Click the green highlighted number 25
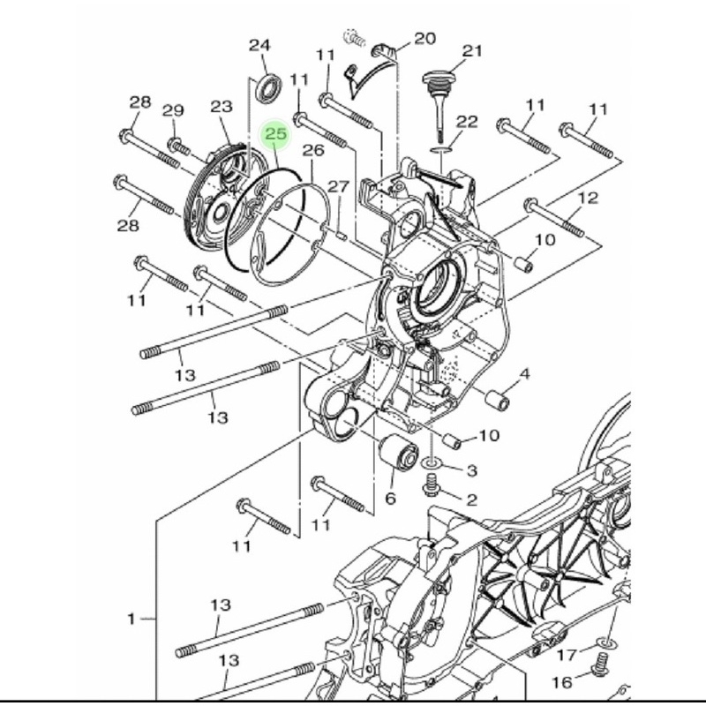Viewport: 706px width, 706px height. point(276,134)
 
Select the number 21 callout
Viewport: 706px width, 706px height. point(473,51)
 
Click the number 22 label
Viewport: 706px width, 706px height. point(467,122)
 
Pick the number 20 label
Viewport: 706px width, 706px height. point(424,38)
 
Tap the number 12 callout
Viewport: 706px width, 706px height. point(588,198)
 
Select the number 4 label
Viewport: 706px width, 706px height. point(525,375)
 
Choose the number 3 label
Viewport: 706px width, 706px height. point(472,470)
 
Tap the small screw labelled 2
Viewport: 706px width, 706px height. point(433,484)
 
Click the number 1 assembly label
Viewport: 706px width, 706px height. point(131,619)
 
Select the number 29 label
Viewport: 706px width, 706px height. point(173,110)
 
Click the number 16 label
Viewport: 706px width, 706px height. point(561,682)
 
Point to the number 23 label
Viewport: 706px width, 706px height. point(221,107)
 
